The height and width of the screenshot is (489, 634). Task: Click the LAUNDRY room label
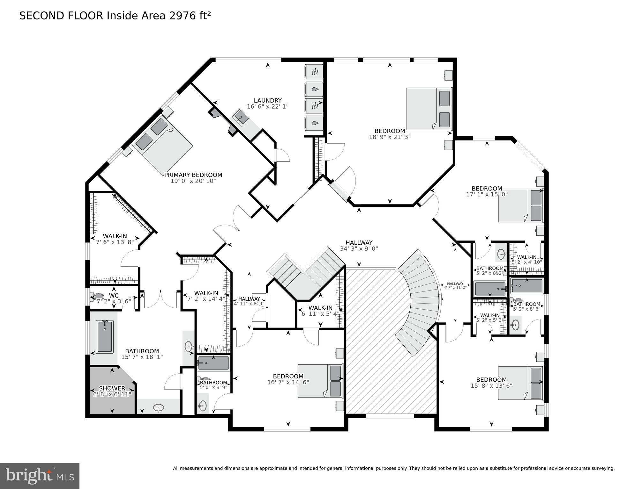pos(267,101)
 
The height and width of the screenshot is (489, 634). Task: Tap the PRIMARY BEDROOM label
pos(193,175)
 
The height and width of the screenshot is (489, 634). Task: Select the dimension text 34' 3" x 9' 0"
pos(359,249)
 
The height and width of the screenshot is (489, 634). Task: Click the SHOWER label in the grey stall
pos(112,388)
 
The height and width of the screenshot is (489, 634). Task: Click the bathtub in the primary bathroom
pos(104,336)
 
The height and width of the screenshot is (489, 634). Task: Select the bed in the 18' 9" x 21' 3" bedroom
pos(429,109)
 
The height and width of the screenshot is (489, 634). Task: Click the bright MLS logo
pos(40,476)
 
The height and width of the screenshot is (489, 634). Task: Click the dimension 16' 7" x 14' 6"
pos(288,382)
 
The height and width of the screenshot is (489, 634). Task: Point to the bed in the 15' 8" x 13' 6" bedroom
pos(520,383)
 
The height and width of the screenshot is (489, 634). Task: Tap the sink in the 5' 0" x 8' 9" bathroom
pos(202,406)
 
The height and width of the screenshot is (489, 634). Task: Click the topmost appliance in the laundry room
pos(314,72)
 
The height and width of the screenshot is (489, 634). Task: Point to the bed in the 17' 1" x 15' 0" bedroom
pos(520,205)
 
